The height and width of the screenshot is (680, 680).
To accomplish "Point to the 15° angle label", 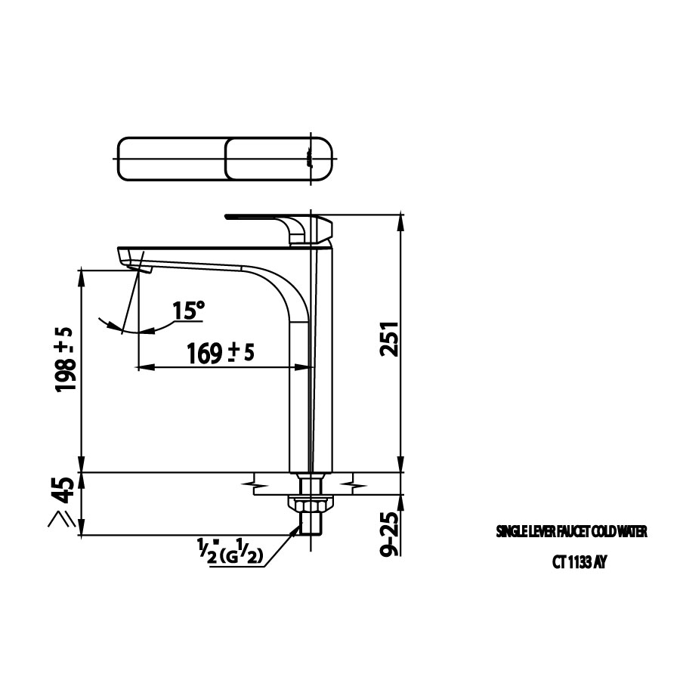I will [188, 310].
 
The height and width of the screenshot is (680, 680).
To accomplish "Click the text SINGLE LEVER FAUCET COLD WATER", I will [571, 533].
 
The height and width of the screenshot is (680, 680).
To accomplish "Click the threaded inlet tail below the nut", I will [311, 523].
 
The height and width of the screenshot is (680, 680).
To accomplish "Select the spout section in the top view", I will [172, 159].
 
